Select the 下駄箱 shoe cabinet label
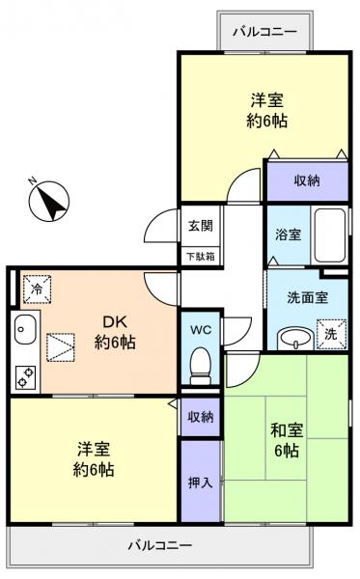tap(200, 255)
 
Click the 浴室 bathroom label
tap(287, 234)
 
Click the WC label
tap(201, 329)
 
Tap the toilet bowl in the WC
tap(201, 364)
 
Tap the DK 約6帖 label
tap(114, 331)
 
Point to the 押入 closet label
tap(201, 481)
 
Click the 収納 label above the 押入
tap(201, 416)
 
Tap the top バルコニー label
tap(265, 32)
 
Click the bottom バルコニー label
tap(159, 545)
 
